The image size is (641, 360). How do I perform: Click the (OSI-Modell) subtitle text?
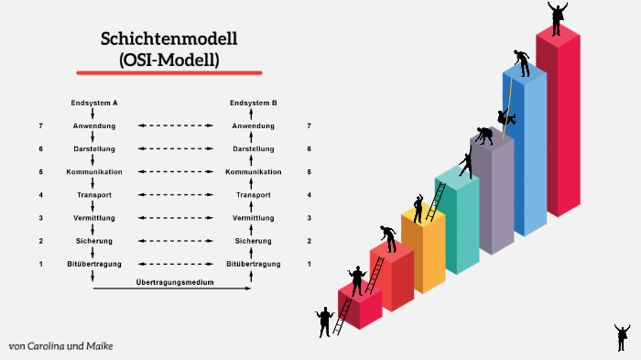pyautogui.click(x=169, y=59)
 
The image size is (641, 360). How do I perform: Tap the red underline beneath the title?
pyautogui.click(x=169, y=72)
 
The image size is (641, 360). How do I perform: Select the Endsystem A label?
pyautogui.click(x=93, y=103)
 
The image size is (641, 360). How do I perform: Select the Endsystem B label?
pyautogui.click(x=254, y=103)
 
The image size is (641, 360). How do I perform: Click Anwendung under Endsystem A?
pyautogui.click(x=93, y=125)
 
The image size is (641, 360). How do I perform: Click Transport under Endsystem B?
pyautogui.click(x=254, y=195)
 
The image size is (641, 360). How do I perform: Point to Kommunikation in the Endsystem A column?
pyautogui.click(x=93, y=172)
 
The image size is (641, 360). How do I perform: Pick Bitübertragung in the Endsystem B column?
pyautogui.click(x=254, y=264)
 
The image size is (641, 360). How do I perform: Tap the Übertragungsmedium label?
pyautogui.click(x=175, y=282)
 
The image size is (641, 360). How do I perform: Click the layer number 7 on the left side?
pyautogui.click(x=40, y=125)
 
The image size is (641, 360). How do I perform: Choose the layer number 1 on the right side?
pyautogui.click(x=309, y=264)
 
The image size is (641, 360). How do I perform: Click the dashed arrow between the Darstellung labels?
pyautogui.click(x=173, y=148)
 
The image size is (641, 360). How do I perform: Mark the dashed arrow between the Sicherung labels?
pyautogui.click(x=173, y=241)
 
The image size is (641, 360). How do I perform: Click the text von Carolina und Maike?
pyautogui.click(x=61, y=346)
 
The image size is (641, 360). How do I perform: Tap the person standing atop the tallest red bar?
pyautogui.click(x=557, y=16)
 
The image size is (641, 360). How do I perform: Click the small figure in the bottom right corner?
pyautogui.click(x=622, y=336)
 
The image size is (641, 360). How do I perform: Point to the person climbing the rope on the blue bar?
pyautogui.click(x=505, y=117)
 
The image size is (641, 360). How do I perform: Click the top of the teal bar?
pyautogui.click(x=456, y=178)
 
